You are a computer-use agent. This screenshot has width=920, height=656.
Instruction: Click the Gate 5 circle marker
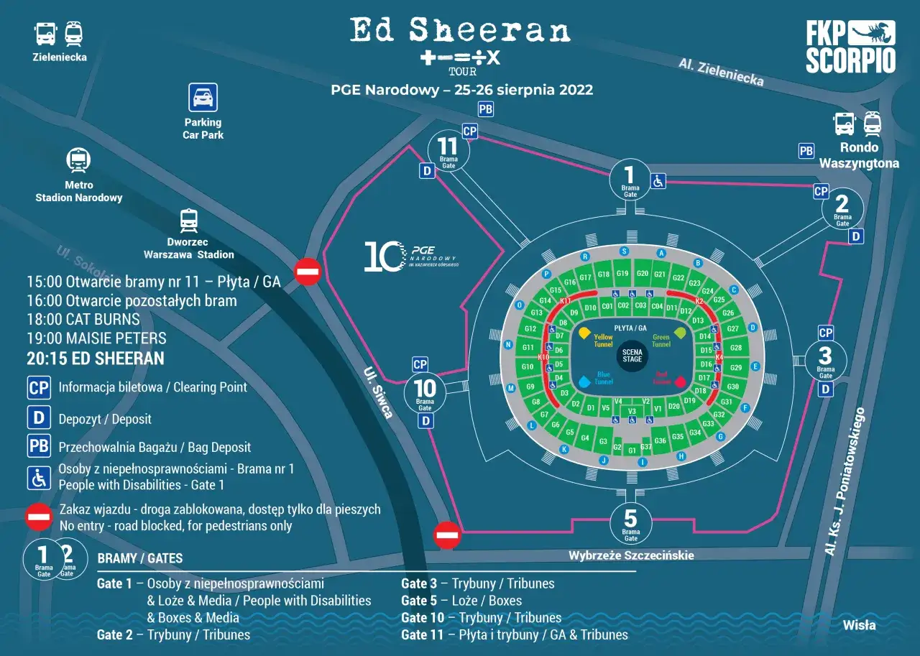(x=630, y=522)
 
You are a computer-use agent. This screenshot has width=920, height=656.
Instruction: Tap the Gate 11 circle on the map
(x=448, y=151)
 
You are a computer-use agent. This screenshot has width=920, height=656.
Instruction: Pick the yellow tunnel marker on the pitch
(x=584, y=333)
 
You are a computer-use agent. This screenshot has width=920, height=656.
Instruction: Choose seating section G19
(x=622, y=274)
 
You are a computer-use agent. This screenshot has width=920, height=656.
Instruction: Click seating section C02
(x=623, y=306)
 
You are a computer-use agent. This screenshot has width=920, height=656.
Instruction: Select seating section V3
(x=632, y=411)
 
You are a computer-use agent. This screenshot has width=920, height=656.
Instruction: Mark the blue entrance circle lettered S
(x=624, y=251)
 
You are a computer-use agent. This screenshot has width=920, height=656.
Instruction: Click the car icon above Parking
(x=203, y=98)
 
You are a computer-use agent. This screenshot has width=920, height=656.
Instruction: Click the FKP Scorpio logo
(x=850, y=47)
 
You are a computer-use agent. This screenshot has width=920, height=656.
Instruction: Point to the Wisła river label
(x=859, y=624)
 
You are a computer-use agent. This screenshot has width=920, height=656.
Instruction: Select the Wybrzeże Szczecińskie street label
(x=631, y=555)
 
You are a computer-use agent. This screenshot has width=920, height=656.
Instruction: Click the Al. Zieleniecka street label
(x=721, y=72)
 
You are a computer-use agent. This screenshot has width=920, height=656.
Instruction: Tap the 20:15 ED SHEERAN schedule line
(x=96, y=359)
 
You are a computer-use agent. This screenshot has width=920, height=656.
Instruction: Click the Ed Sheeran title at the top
(x=460, y=30)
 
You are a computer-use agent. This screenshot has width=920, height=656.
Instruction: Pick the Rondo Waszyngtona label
(x=859, y=155)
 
